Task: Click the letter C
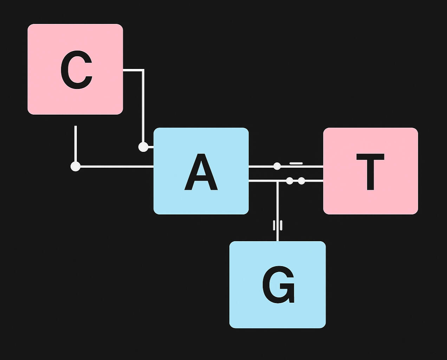76,70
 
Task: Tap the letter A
201,172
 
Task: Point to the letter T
370,172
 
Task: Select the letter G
278,285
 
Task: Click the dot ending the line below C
76,166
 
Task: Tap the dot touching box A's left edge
143,147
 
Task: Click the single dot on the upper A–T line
277,166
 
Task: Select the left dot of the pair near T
290,181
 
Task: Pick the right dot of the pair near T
302,181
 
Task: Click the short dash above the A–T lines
296,163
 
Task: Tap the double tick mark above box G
278,225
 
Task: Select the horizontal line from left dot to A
116,166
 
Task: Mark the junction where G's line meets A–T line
278,181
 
